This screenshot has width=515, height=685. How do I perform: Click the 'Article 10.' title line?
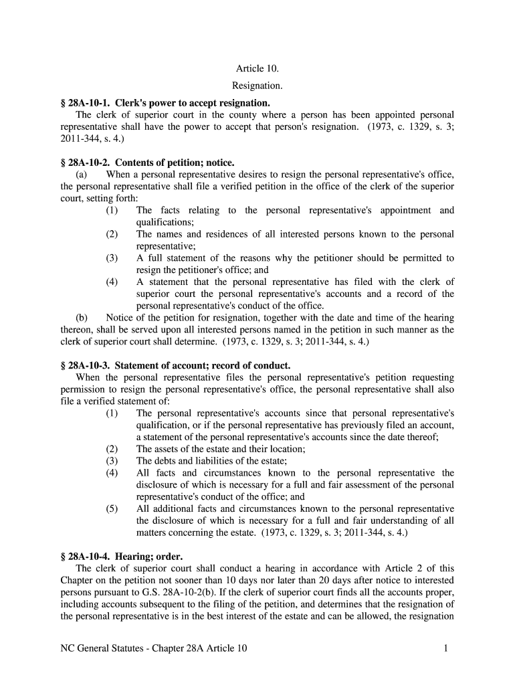click(257, 69)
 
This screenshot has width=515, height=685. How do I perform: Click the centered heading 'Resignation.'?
click(257, 86)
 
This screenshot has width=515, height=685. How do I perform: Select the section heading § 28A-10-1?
click(165, 103)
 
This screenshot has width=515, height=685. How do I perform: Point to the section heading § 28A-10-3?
click(175, 366)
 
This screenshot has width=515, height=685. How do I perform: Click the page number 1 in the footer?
click(445, 648)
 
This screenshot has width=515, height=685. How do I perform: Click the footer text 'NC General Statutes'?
click(105, 648)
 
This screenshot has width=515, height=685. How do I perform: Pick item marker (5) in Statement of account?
click(112, 508)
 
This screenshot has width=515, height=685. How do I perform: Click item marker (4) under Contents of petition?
click(112, 282)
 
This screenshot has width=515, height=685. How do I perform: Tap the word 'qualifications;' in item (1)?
click(165, 222)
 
